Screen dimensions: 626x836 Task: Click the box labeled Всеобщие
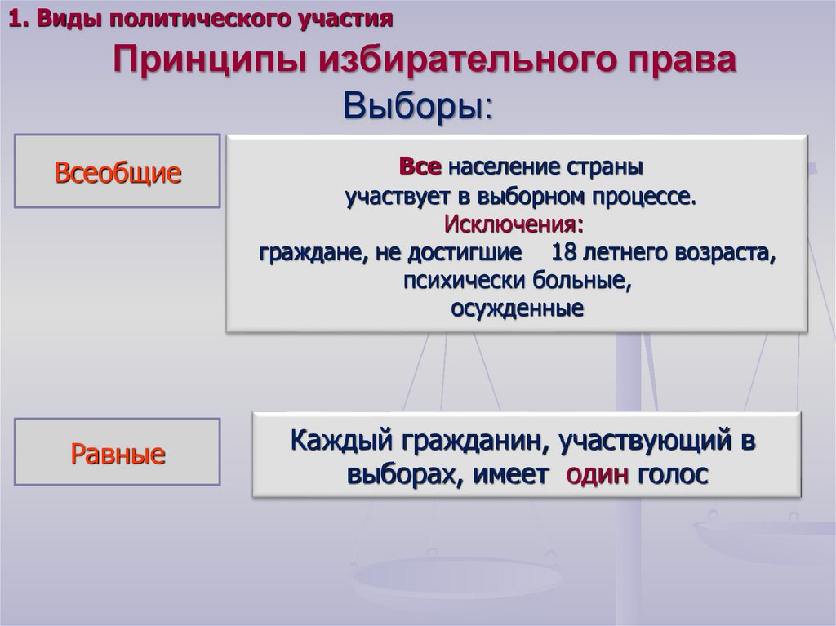[x=118, y=172]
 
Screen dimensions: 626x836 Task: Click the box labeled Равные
[x=118, y=453]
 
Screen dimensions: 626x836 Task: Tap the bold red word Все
[x=420, y=166]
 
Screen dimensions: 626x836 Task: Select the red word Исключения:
[x=514, y=223]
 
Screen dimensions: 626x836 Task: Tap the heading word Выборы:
[x=417, y=105]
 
